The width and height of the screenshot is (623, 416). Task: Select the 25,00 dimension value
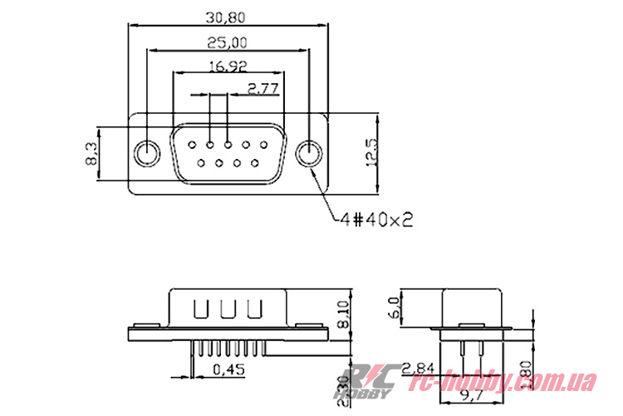pyautogui.click(x=227, y=42)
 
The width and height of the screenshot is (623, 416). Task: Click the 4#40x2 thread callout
pyautogui.click(x=376, y=220)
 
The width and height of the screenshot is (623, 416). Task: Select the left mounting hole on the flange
pyautogui.click(x=147, y=154)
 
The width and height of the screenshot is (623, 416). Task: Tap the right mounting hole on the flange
pyautogui.click(x=309, y=154)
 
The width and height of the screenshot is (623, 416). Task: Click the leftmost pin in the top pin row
pyautogui.click(x=192, y=145)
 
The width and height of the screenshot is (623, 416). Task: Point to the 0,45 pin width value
pyautogui.click(x=228, y=369)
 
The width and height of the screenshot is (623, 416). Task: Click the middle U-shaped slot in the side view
pyautogui.click(x=228, y=309)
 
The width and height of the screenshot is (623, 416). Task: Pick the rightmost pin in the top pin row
pyautogui.click(x=263, y=145)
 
